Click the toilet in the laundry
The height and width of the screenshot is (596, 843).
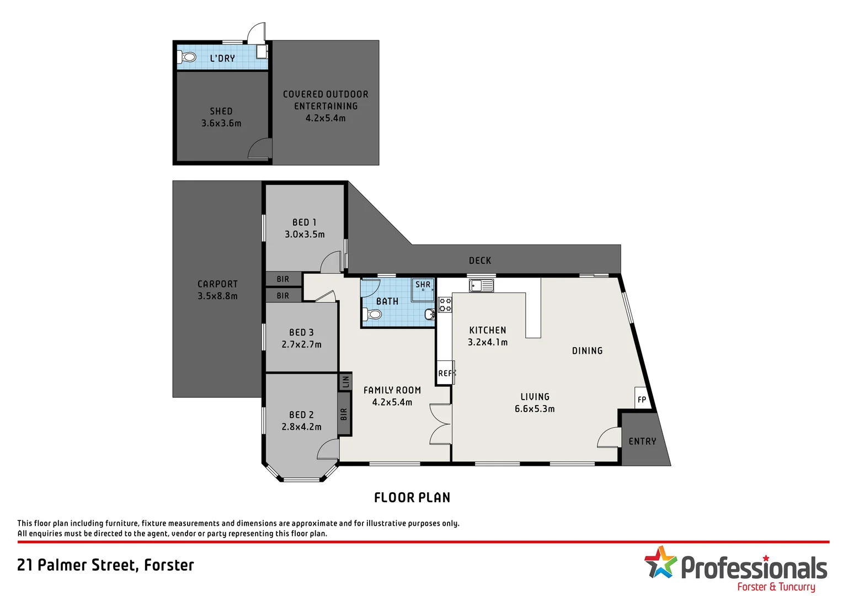click(x=188, y=57)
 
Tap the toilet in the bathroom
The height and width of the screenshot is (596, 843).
click(x=374, y=315)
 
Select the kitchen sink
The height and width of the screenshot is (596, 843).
click(x=481, y=285)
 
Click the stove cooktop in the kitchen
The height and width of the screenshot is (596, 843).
click(x=445, y=305)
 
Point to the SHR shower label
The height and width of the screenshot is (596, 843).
click(x=423, y=285)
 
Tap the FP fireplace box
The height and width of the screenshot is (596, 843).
click(x=642, y=399)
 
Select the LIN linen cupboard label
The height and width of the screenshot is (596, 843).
click(x=345, y=381)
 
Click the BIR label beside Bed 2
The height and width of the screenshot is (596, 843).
click(x=344, y=414)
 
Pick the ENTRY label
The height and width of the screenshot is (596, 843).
click(x=642, y=441)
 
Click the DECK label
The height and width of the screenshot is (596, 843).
click(x=479, y=260)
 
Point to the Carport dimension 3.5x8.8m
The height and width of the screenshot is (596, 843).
click(x=217, y=296)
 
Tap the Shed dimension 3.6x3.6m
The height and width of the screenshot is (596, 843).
click(x=221, y=124)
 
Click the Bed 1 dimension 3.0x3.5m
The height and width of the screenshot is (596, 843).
click(x=305, y=235)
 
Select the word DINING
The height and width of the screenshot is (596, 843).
click(x=587, y=351)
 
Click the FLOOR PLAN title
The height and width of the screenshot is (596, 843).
click(x=412, y=498)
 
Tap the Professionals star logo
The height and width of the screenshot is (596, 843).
click(x=660, y=562)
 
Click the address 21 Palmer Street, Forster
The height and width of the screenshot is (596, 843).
click(x=106, y=565)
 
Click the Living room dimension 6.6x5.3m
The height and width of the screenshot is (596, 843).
click(x=535, y=409)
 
